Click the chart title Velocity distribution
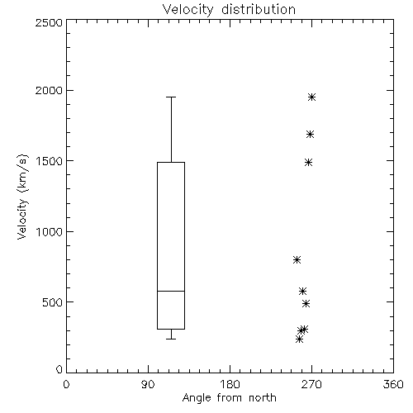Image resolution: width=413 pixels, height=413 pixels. coord(229,10)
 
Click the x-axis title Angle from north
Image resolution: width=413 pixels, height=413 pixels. coord(229,398)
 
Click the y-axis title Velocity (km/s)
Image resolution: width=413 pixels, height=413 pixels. coord(22,197)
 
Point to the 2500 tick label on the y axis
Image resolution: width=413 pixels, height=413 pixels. coord(49,22)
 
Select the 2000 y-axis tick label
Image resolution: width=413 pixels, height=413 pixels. coord(49,90)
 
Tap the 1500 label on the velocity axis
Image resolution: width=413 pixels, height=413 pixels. coord(50,161)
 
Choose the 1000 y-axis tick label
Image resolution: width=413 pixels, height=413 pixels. coord(50,231)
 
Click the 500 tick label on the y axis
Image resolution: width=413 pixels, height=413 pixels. coord(53,302)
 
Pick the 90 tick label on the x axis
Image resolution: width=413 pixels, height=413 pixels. coord(148,384)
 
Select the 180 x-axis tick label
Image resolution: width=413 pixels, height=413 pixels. coord(230,384)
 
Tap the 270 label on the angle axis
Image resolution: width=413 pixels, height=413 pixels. coord(311,384)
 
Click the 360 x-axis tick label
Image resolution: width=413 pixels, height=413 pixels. coord(393,384)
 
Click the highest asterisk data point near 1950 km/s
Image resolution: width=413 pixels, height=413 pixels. coord(311,97)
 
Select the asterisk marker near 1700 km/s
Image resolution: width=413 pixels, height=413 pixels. coord(311,135)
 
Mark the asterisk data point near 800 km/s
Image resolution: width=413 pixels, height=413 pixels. coord(297,259)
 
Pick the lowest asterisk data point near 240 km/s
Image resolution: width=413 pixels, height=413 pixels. coord(300,339)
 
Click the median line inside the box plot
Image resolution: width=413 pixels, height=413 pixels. coord(171,291)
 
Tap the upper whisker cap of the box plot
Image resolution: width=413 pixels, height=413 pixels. coord(171,97)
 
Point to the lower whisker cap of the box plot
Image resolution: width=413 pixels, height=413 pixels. coord(171,339)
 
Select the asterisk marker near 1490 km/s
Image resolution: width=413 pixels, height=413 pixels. coord(309,162)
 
